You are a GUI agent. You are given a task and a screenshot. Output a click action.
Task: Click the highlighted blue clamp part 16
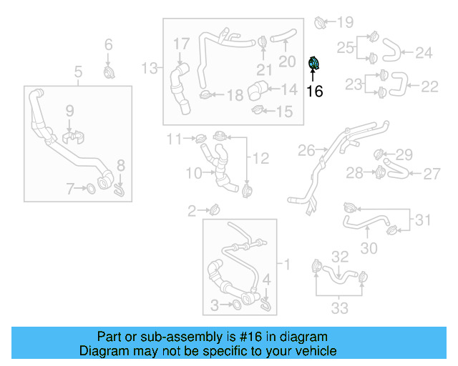pyautogui.click(x=313, y=64)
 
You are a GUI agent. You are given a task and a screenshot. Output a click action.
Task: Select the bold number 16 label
pyautogui.click(x=314, y=91)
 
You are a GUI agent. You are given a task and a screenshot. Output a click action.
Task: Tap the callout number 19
pyautogui.click(x=345, y=22)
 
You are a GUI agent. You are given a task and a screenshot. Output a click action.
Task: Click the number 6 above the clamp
pyautogui.click(x=109, y=45)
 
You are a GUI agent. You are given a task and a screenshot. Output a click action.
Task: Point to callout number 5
pyautogui.click(x=78, y=71)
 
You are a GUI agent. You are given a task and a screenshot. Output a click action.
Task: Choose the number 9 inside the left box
pyautogui.click(x=69, y=110)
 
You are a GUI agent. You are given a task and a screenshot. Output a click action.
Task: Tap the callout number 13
pyautogui.click(x=149, y=69)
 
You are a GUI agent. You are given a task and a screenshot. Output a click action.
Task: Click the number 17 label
pyautogui.click(x=181, y=45)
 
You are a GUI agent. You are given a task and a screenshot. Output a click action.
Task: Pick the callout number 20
pyautogui.click(x=287, y=61)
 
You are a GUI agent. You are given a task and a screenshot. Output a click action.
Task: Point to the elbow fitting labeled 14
pyautogui.click(x=256, y=92)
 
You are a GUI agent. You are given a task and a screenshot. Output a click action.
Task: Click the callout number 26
pyautogui.click(x=306, y=151)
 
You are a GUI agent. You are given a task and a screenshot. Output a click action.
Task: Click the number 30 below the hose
pyautogui.click(x=369, y=248)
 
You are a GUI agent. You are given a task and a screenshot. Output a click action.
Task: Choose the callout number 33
pyautogui.click(x=339, y=308)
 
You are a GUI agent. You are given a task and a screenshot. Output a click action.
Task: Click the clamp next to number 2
pyautogui.click(x=214, y=209)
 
